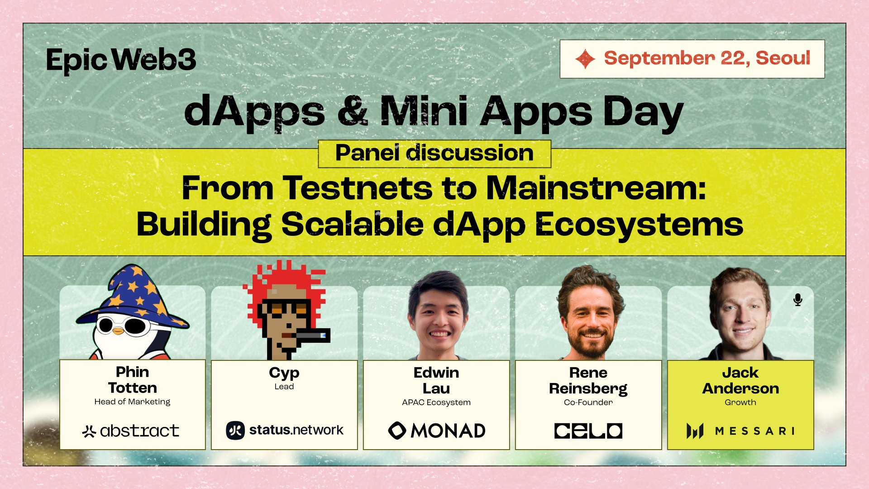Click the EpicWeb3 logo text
[121, 60]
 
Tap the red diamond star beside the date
[585, 59]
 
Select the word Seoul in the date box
[783, 58]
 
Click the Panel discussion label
[434, 153]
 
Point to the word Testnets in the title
[358, 187]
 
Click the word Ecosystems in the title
[639, 225]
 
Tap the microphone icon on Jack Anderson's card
[798, 300]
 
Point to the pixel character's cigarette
[312, 336]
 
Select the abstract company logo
[130, 431]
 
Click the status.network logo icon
[235, 430]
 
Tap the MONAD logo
[437, 431]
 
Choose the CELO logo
[588, 431]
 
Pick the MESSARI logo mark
[695, 431]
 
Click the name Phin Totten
[133, 380]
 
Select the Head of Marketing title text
[132, 402]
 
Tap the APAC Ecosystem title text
[436, 403]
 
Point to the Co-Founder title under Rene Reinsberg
[588, 403]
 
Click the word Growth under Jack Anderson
[740, 403]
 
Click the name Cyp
[284, 373]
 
